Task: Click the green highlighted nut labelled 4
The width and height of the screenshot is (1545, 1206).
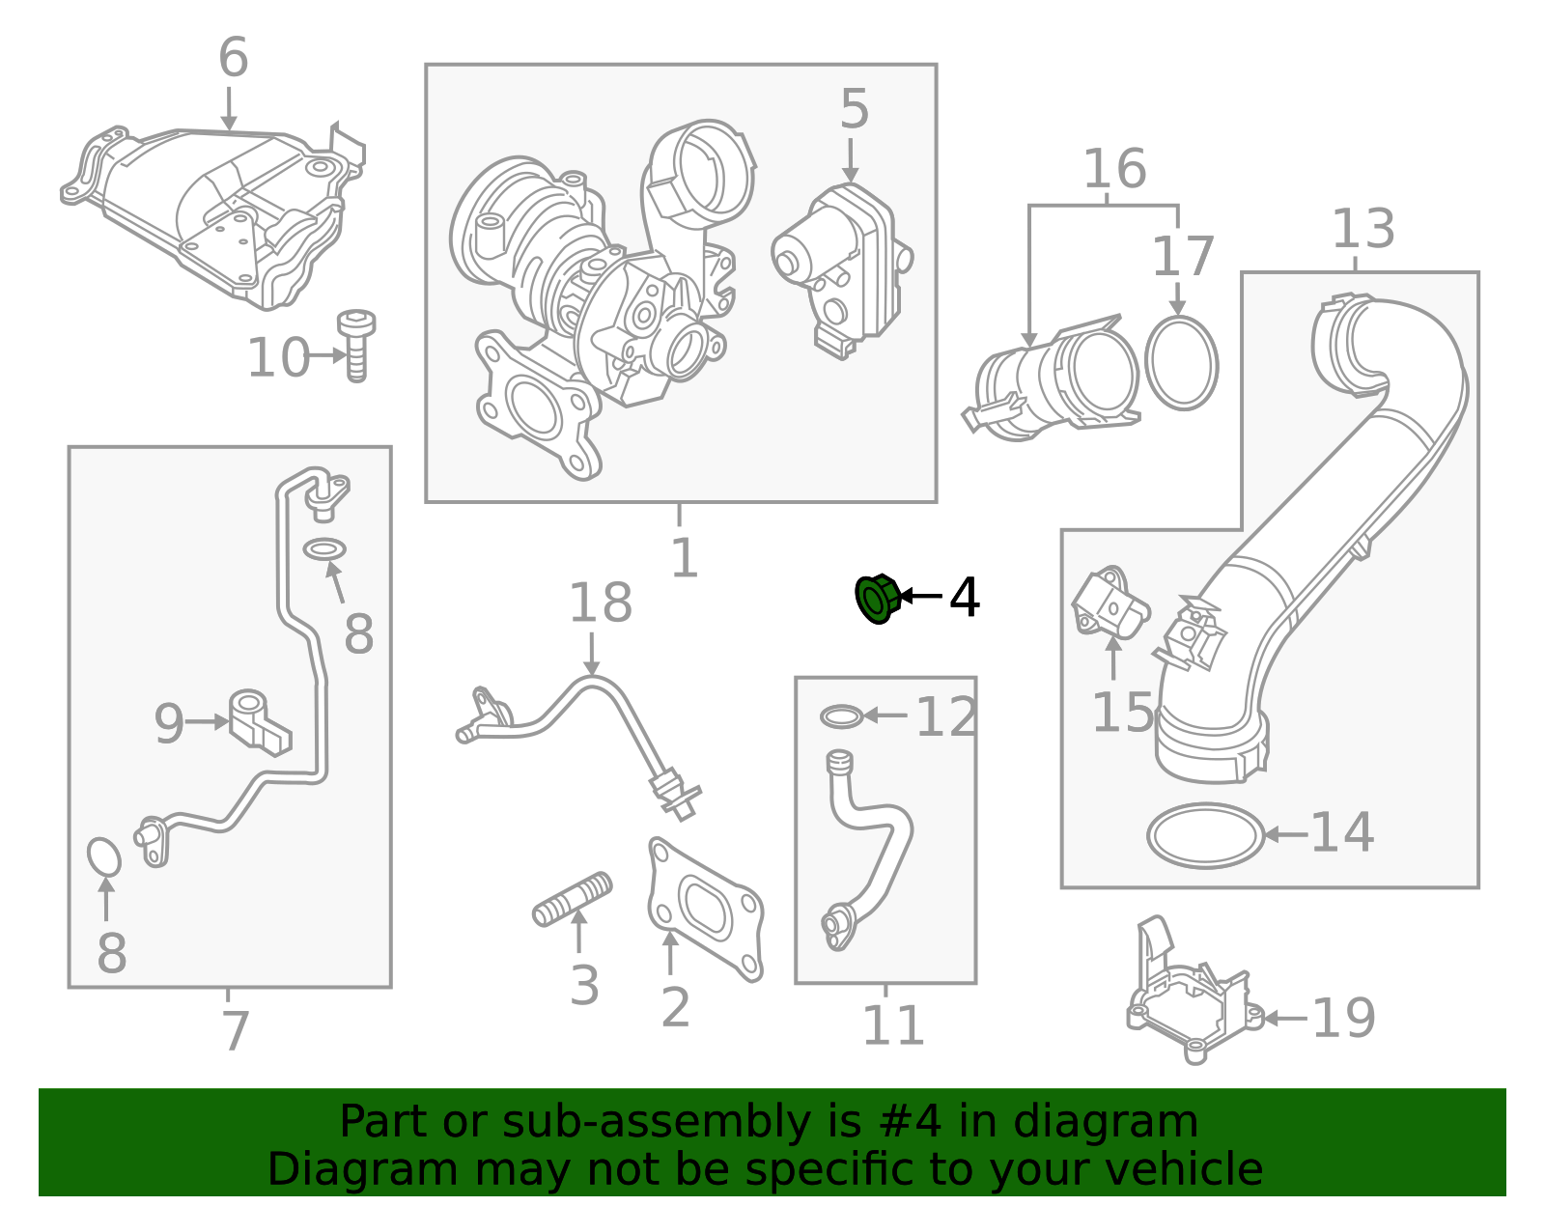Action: pos(878,599)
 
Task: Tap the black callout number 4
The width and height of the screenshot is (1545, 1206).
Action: pos(964,598)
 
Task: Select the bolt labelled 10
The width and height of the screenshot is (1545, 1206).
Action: pos(356,346)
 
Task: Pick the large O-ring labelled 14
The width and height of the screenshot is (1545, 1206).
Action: pos(1205,835)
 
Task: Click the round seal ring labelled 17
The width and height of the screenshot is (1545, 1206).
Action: pos(1181,363)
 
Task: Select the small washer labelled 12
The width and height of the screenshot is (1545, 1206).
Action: pos(841,716)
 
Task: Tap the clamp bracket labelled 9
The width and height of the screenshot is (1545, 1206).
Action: pos(259,720)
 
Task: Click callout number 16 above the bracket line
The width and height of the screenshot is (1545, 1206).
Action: pos(1114,169)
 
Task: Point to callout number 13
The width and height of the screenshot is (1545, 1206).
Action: pos(1362,230)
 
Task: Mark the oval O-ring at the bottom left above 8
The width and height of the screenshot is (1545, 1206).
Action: pos(103,856)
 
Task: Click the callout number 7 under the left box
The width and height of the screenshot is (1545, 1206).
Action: pos(235,1031)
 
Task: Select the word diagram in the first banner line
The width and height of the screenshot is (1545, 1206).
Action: pos(1125,1122)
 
